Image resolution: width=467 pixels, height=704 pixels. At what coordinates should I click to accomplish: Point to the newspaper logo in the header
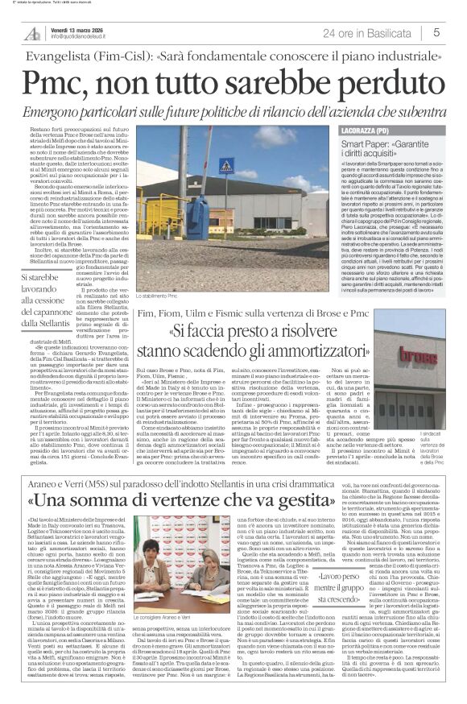[31, 33]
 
